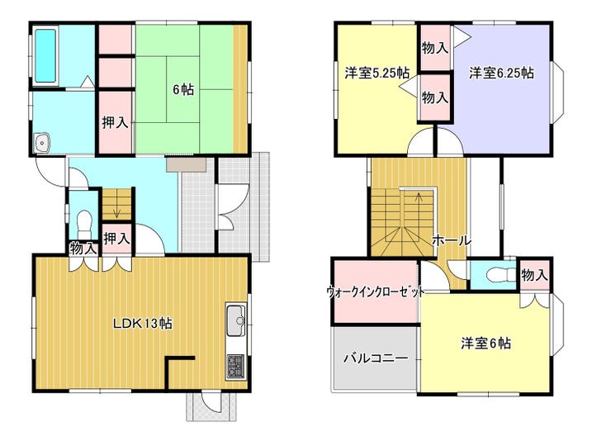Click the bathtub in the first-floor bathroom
[46, 55]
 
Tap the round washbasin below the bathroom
[41, 143]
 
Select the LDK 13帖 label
[143, 323]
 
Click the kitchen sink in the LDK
[235, 320]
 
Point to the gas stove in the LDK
[235, 367]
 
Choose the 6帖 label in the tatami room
[183, 90]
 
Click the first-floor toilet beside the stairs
[83, 225]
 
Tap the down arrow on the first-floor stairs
[116, 213]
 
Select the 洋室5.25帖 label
[377, 73]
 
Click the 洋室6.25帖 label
[501, 73]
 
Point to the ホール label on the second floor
[452, 240]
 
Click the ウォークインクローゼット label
[375, 291]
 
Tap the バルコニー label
[376, 358]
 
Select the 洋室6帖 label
[486, 344]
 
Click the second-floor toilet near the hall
[500, 275]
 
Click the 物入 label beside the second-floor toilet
[534, 275]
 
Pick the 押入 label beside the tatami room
[115, 122]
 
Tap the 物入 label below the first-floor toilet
[83, 248]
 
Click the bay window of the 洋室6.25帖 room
[558, 92]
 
